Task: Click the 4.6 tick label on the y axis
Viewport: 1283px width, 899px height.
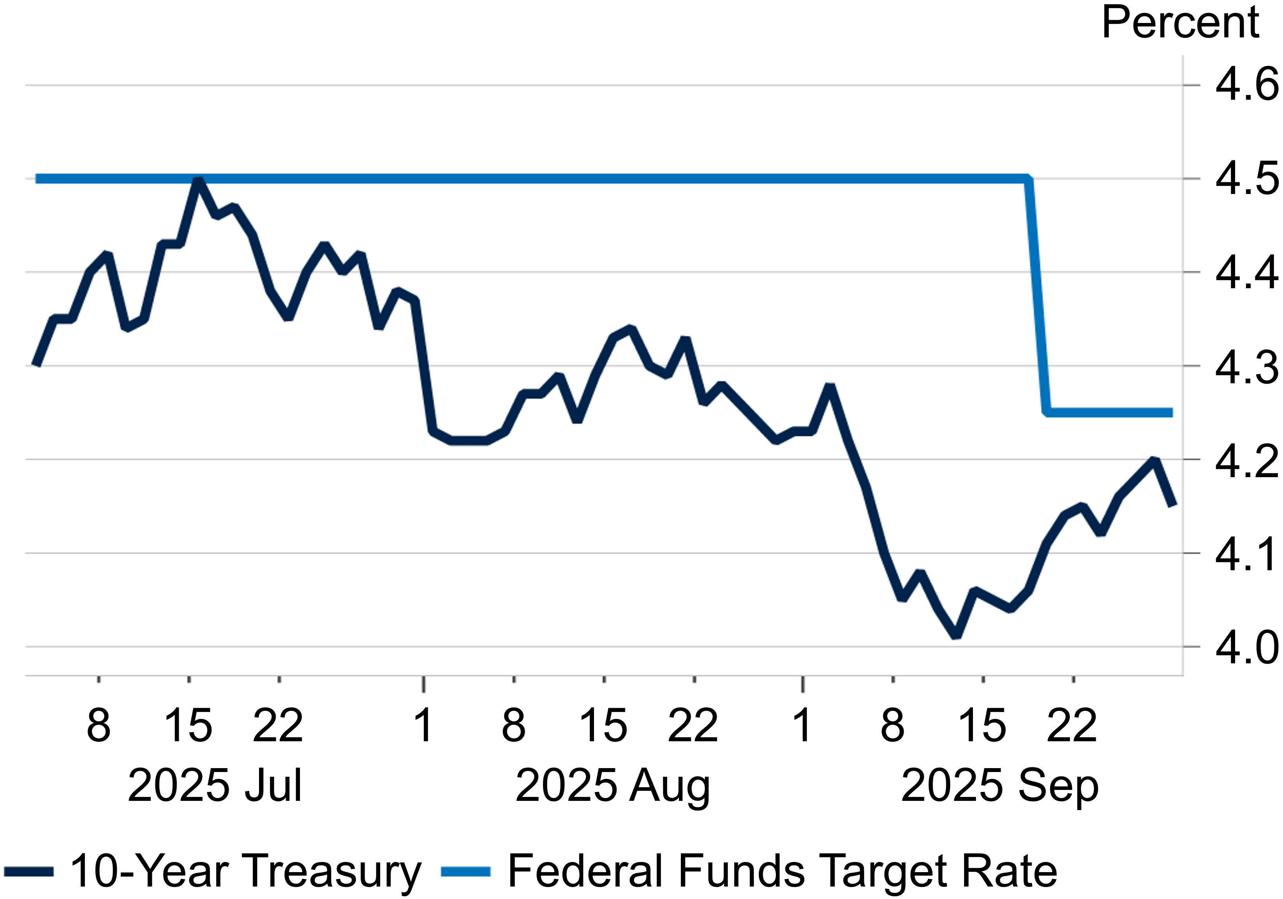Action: pyautogui.click(x=1246, y=85)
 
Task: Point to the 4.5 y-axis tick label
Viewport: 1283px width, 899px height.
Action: pyautogui.click(x=1246, y=179)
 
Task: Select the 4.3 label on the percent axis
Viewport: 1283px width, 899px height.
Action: pyautogui.click(x=1246, y=367)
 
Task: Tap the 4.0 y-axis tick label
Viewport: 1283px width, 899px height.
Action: pyautogui.click(x=1246, y=648)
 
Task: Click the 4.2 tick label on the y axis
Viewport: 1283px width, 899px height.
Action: pyautogui.click(x=1246, y=461)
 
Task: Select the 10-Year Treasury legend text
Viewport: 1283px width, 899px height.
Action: pyautogui.click(x=245, y=871)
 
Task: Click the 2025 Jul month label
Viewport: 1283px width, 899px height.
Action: pyautogui.click(x=215, y=786)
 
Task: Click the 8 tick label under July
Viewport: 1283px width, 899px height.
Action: pyautogui.click(x=99, y=726)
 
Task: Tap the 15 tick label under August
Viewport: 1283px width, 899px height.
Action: pyautogui.click(x=603, y=726)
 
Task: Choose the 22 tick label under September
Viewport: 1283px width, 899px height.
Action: pyautogui.click(x=1072, y=726)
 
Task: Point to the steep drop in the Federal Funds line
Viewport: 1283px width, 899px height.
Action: pyautogui.click(x=1038, y=296)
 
